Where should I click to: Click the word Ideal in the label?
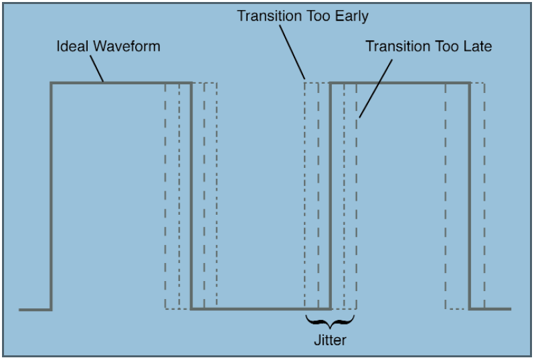pos(72,47)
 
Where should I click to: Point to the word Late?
pos(478,46)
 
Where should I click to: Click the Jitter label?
pos(330,341)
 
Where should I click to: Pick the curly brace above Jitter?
pos(330,320)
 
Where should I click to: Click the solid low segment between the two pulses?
pos(261,309)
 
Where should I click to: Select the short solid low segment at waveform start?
pos(35,310)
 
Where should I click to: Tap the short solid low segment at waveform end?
pos(491,309)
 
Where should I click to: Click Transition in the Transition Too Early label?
pos(265,15)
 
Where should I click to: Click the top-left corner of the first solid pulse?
pos(52,83)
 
